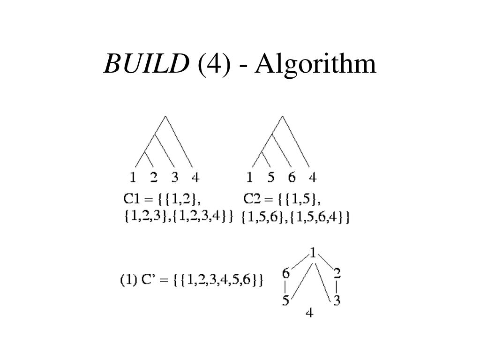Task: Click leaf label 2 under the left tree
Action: click(x=154, y=178)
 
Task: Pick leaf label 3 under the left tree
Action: click(x=175, y=178)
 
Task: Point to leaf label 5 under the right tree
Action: click(x=270, y=178)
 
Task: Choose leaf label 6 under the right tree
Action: click(x=292, y=178)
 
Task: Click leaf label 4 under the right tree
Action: click(x=313, y=178)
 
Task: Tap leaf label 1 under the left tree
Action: click(x=133, y=178)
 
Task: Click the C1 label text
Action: click(x=132, y=199)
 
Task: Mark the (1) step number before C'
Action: click(x=128, y=281)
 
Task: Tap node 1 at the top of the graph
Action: click(x=313, y=254)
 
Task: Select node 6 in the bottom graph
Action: click(x=285, y=273)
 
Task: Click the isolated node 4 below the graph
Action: click(x=309, y=312)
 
